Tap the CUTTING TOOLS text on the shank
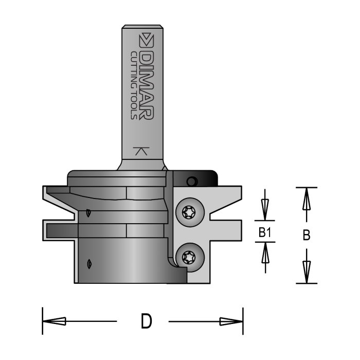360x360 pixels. click(x=133, y=85)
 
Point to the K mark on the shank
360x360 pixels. click(x=139, y=151)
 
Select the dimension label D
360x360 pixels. click(x=146, y=322)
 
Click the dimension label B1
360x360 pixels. click(x=265, y=233)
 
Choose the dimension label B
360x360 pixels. click(x=306, y=235)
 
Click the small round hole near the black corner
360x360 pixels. click(x=192, y=181)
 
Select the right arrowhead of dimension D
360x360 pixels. click(x=231, y=321)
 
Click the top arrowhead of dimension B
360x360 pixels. click(x=306, y=199)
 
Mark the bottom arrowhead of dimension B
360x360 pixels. click(x=306, y=271)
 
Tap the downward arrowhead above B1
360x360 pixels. click(x=265, y=209)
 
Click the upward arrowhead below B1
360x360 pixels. click(x=265, y=254)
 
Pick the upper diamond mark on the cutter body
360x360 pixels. click(x=89, y=212)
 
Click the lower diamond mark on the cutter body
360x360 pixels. click(x=91, y=263)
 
